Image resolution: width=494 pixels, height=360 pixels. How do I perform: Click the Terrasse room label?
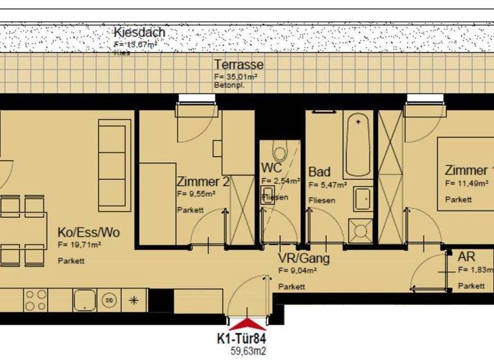[239, 65]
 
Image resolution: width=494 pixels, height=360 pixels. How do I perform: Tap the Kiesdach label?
[139, 32]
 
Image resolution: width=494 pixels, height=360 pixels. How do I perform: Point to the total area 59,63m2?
[248, 351]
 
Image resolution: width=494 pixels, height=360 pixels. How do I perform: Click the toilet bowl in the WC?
[280, 154]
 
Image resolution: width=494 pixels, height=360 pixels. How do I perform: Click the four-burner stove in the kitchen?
[36, 299]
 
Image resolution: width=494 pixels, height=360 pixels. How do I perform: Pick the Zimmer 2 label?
[203, 181]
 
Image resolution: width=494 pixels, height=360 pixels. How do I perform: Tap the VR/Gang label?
[304, 258]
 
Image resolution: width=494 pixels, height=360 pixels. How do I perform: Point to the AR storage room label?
[467, 256]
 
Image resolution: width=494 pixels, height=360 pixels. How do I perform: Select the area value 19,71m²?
[80, 245]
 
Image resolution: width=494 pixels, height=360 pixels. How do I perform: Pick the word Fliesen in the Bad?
[322, 200]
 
